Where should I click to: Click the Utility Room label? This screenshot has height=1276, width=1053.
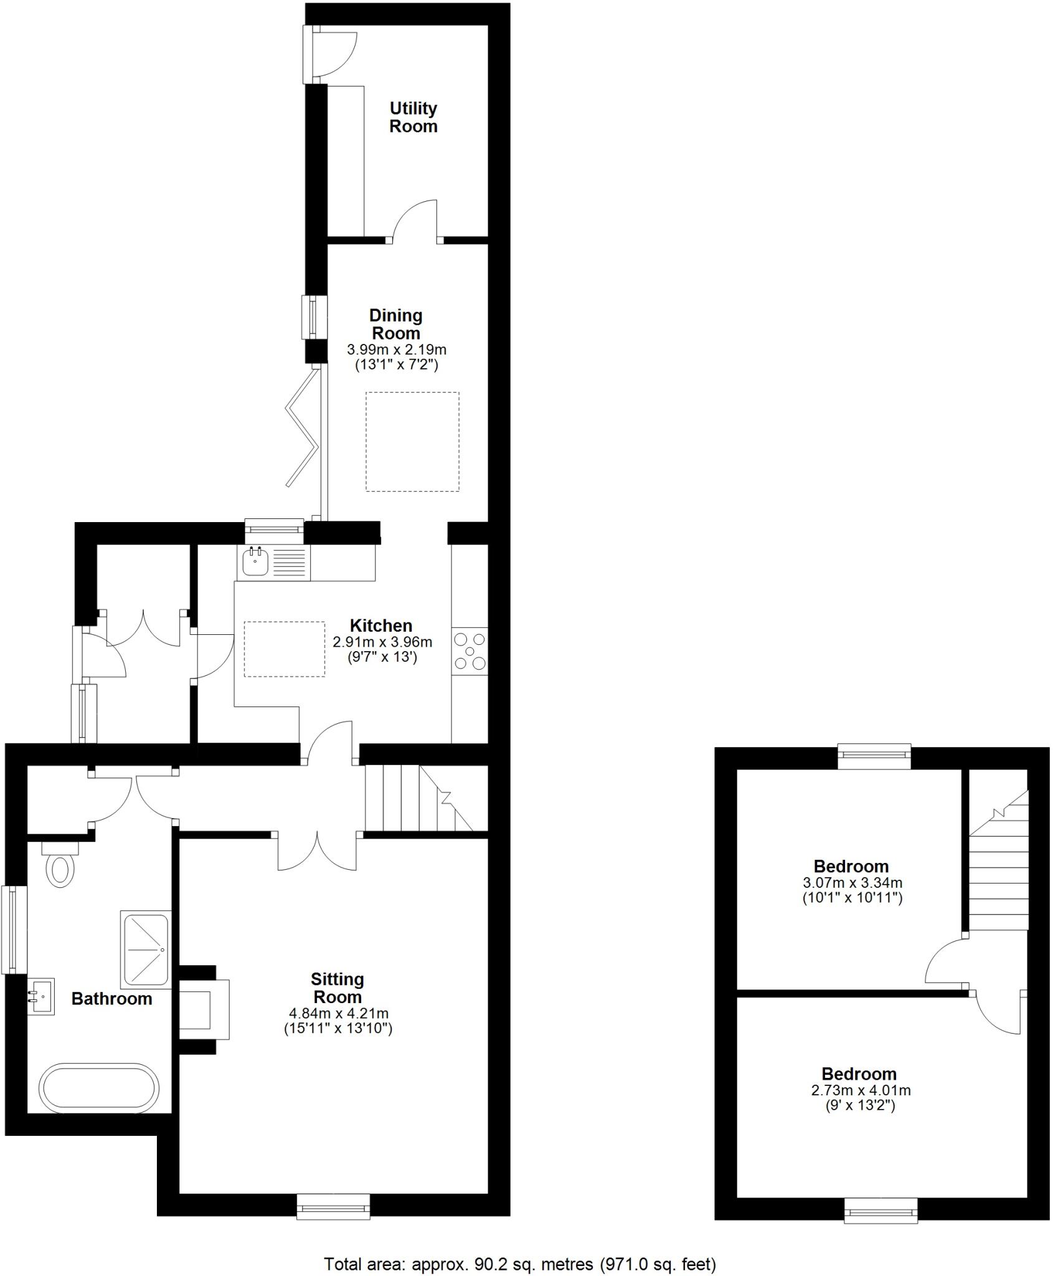[413, 117]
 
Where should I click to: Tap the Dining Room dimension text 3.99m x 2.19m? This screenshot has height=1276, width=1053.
[396, 350]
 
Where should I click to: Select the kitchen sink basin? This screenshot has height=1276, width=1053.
[255, 563]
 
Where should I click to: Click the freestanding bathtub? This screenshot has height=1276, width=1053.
[98, 1088]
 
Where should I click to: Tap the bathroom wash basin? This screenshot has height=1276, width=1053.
[42, 997]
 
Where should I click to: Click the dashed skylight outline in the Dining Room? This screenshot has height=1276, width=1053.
[412, 441]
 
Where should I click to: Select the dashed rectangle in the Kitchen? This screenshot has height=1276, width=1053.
[284, 649]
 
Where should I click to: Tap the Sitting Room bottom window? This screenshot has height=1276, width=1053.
[333, 1206]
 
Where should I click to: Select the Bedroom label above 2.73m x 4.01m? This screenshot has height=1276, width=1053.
[859, 1074]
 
